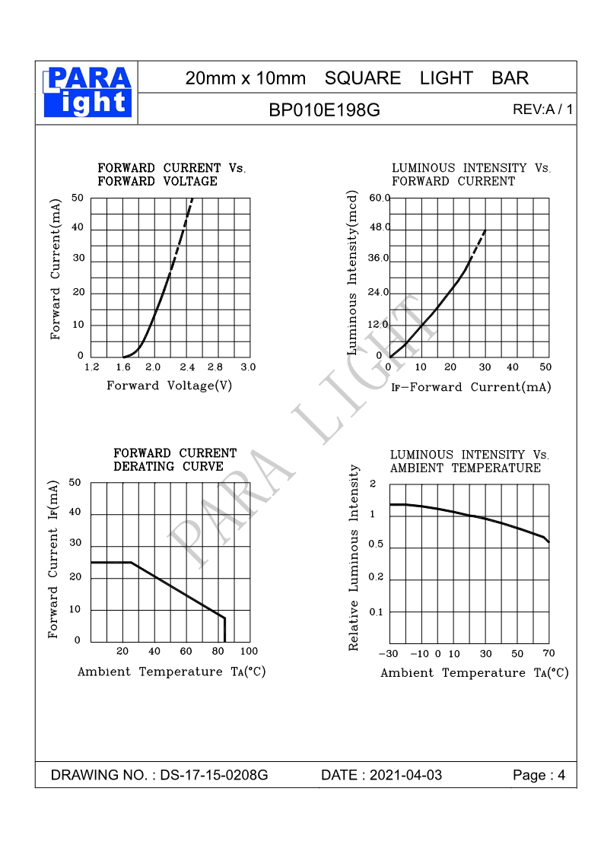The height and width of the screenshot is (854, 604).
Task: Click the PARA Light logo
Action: (87, 92)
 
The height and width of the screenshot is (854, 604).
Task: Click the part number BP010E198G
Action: (324, 110)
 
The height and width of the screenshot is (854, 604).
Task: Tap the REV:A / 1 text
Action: (542, 110)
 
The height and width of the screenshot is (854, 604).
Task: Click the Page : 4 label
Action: (539, 776)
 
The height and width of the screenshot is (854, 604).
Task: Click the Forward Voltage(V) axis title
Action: (169, 386)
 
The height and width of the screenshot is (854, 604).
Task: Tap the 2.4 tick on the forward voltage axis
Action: (186, 367)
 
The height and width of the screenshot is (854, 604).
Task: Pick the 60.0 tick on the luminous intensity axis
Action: (379, 198)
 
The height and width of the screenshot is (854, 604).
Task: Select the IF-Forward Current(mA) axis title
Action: (471, 387)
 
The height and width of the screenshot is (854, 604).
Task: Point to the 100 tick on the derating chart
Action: (249, 651)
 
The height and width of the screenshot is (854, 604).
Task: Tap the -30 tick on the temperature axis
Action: (388, 654)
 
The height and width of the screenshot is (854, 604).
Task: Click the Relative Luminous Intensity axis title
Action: (354, 558)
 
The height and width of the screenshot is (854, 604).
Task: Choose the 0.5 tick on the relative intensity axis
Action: (376, 544)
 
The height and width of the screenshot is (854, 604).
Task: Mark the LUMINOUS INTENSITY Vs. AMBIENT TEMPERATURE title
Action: (469, 462)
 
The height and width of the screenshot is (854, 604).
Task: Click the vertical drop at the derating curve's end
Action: (224, 630)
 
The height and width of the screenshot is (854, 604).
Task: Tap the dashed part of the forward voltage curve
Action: (182, 228)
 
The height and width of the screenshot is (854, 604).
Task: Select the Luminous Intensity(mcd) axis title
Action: (352, 273)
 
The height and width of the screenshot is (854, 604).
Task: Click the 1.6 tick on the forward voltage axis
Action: (123, 367)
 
